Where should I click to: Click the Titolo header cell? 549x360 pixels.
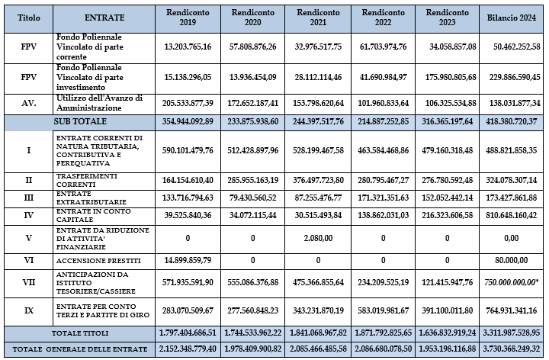28,17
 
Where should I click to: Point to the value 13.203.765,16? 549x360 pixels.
188,46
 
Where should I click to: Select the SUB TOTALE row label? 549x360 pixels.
79,121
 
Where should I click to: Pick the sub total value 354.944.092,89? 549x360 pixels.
188,121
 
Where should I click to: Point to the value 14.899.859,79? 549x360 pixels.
188,259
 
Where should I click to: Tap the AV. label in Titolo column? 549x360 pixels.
28,102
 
